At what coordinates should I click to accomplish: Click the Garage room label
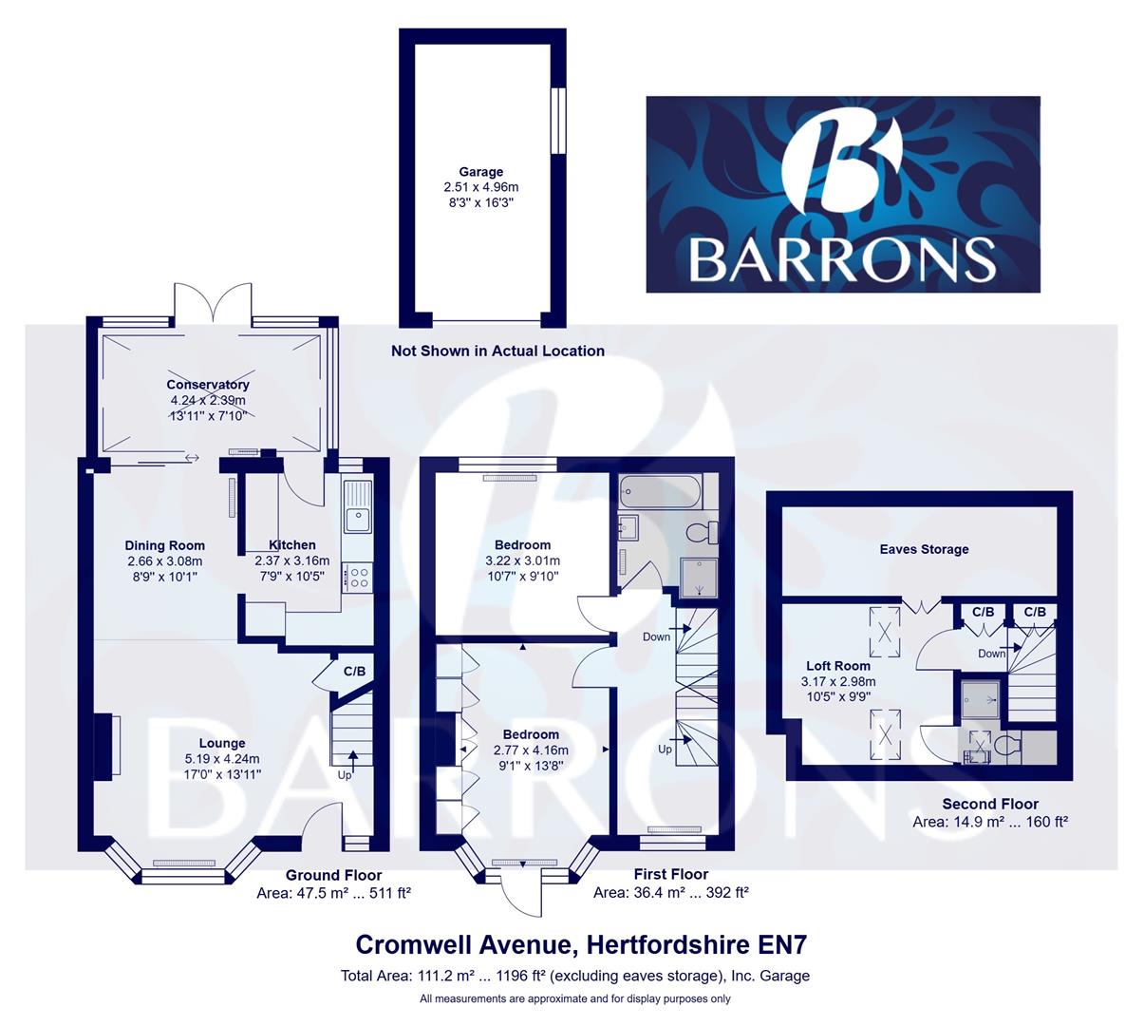(480, 172)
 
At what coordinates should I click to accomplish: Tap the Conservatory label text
(208, 385)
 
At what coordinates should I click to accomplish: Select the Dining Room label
(165, 545)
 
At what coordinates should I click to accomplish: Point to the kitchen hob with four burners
(359, 578)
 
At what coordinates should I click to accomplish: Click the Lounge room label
(222, 743)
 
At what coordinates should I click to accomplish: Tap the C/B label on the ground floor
(354, 672)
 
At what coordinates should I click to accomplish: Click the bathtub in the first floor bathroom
(660, 493)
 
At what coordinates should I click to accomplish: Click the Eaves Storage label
(924, 549)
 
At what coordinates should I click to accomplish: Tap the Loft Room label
(838, 666)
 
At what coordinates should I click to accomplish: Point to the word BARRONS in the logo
(842, 258)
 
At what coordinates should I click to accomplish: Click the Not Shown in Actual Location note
(497, 351)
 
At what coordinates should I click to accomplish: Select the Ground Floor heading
(333, 875)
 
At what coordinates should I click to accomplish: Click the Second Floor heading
(990, 804)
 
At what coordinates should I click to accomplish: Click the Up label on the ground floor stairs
(346, 774)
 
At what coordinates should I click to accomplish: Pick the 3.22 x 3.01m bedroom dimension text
(522, 560)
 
